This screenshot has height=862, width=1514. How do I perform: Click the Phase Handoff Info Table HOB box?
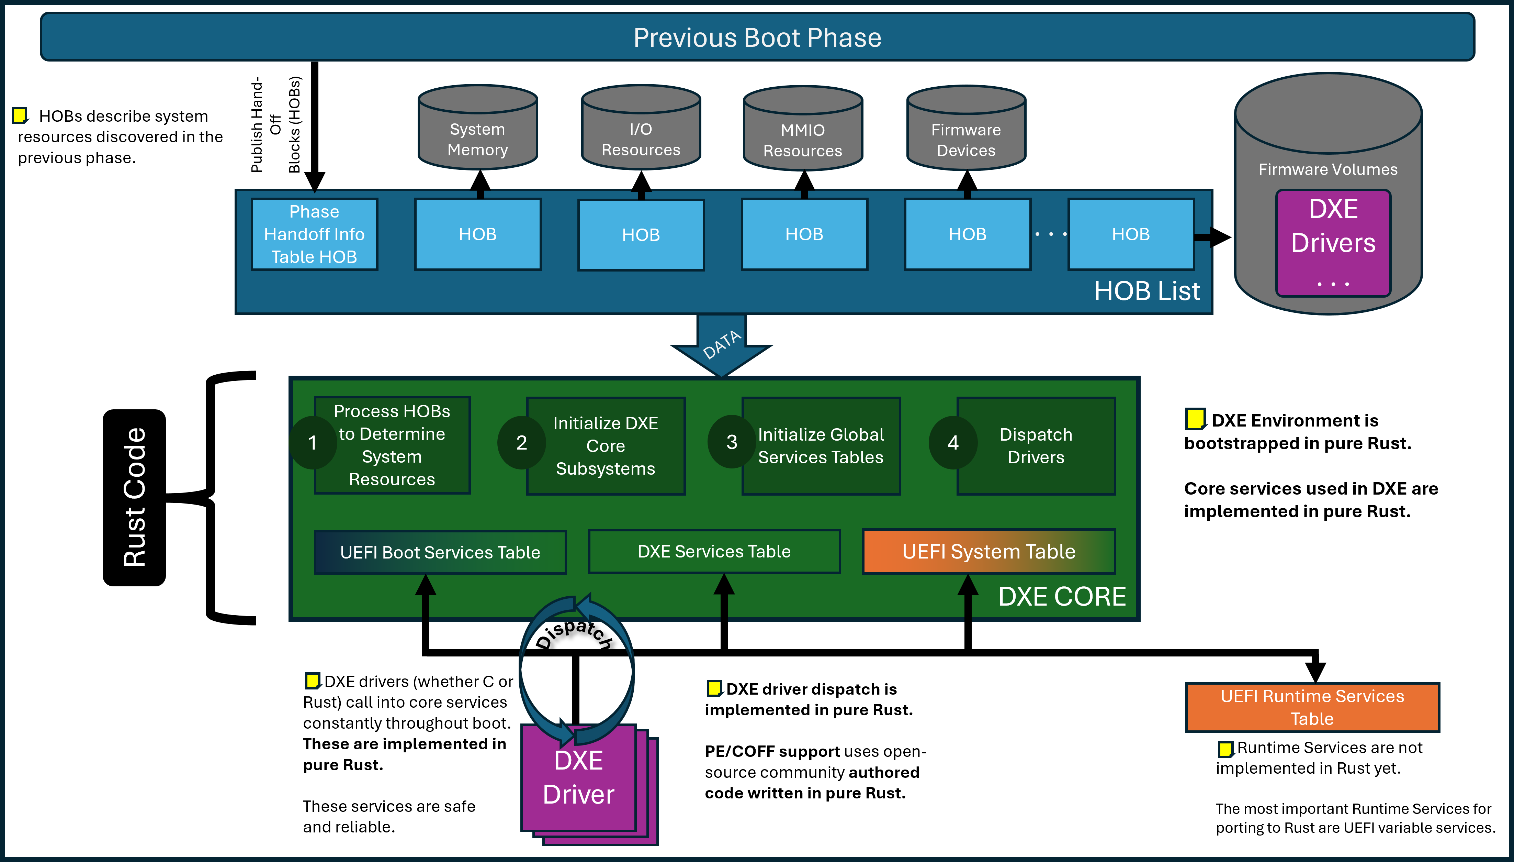314,234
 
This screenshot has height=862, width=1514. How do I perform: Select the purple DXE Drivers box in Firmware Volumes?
1333,243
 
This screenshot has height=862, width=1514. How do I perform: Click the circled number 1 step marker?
313,442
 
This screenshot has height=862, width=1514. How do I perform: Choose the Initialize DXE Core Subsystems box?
605,446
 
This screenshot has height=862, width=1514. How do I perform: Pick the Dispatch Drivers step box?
1036,446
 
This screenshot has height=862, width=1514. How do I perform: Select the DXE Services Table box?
714,552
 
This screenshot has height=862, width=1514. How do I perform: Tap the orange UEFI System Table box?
988,552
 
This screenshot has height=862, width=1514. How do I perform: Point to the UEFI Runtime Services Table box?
1312,707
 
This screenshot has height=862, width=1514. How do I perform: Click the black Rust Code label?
134,497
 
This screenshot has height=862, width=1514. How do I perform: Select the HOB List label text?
1146,291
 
